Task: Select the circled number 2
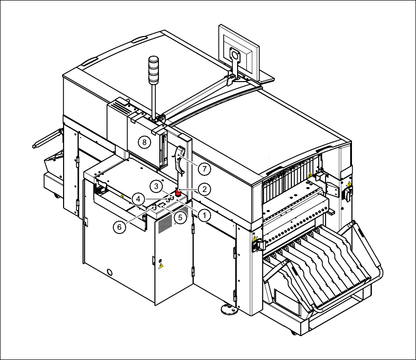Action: click(x=204, y=189)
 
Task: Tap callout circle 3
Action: click(x=156, y=187)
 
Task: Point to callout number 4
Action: click(x=138, y=198)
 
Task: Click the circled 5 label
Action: click(x=180, y=218)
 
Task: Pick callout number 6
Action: click(x=119, y=227)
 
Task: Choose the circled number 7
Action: click(x=204, y=169)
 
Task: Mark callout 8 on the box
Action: click(x=144, y=142)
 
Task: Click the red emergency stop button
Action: click(x=178, y=191)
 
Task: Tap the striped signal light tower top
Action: click(x=153, y=69)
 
